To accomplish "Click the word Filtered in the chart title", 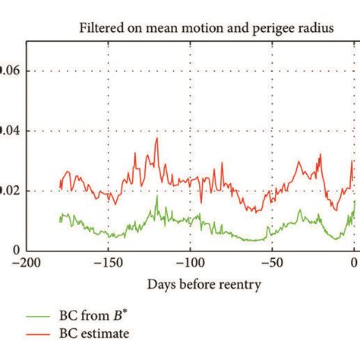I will (x=102, y=30).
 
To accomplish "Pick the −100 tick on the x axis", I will (x=190, y=264).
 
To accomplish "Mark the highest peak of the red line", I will (x=157, y=138).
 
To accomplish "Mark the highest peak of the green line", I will (x=157, y=196).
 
